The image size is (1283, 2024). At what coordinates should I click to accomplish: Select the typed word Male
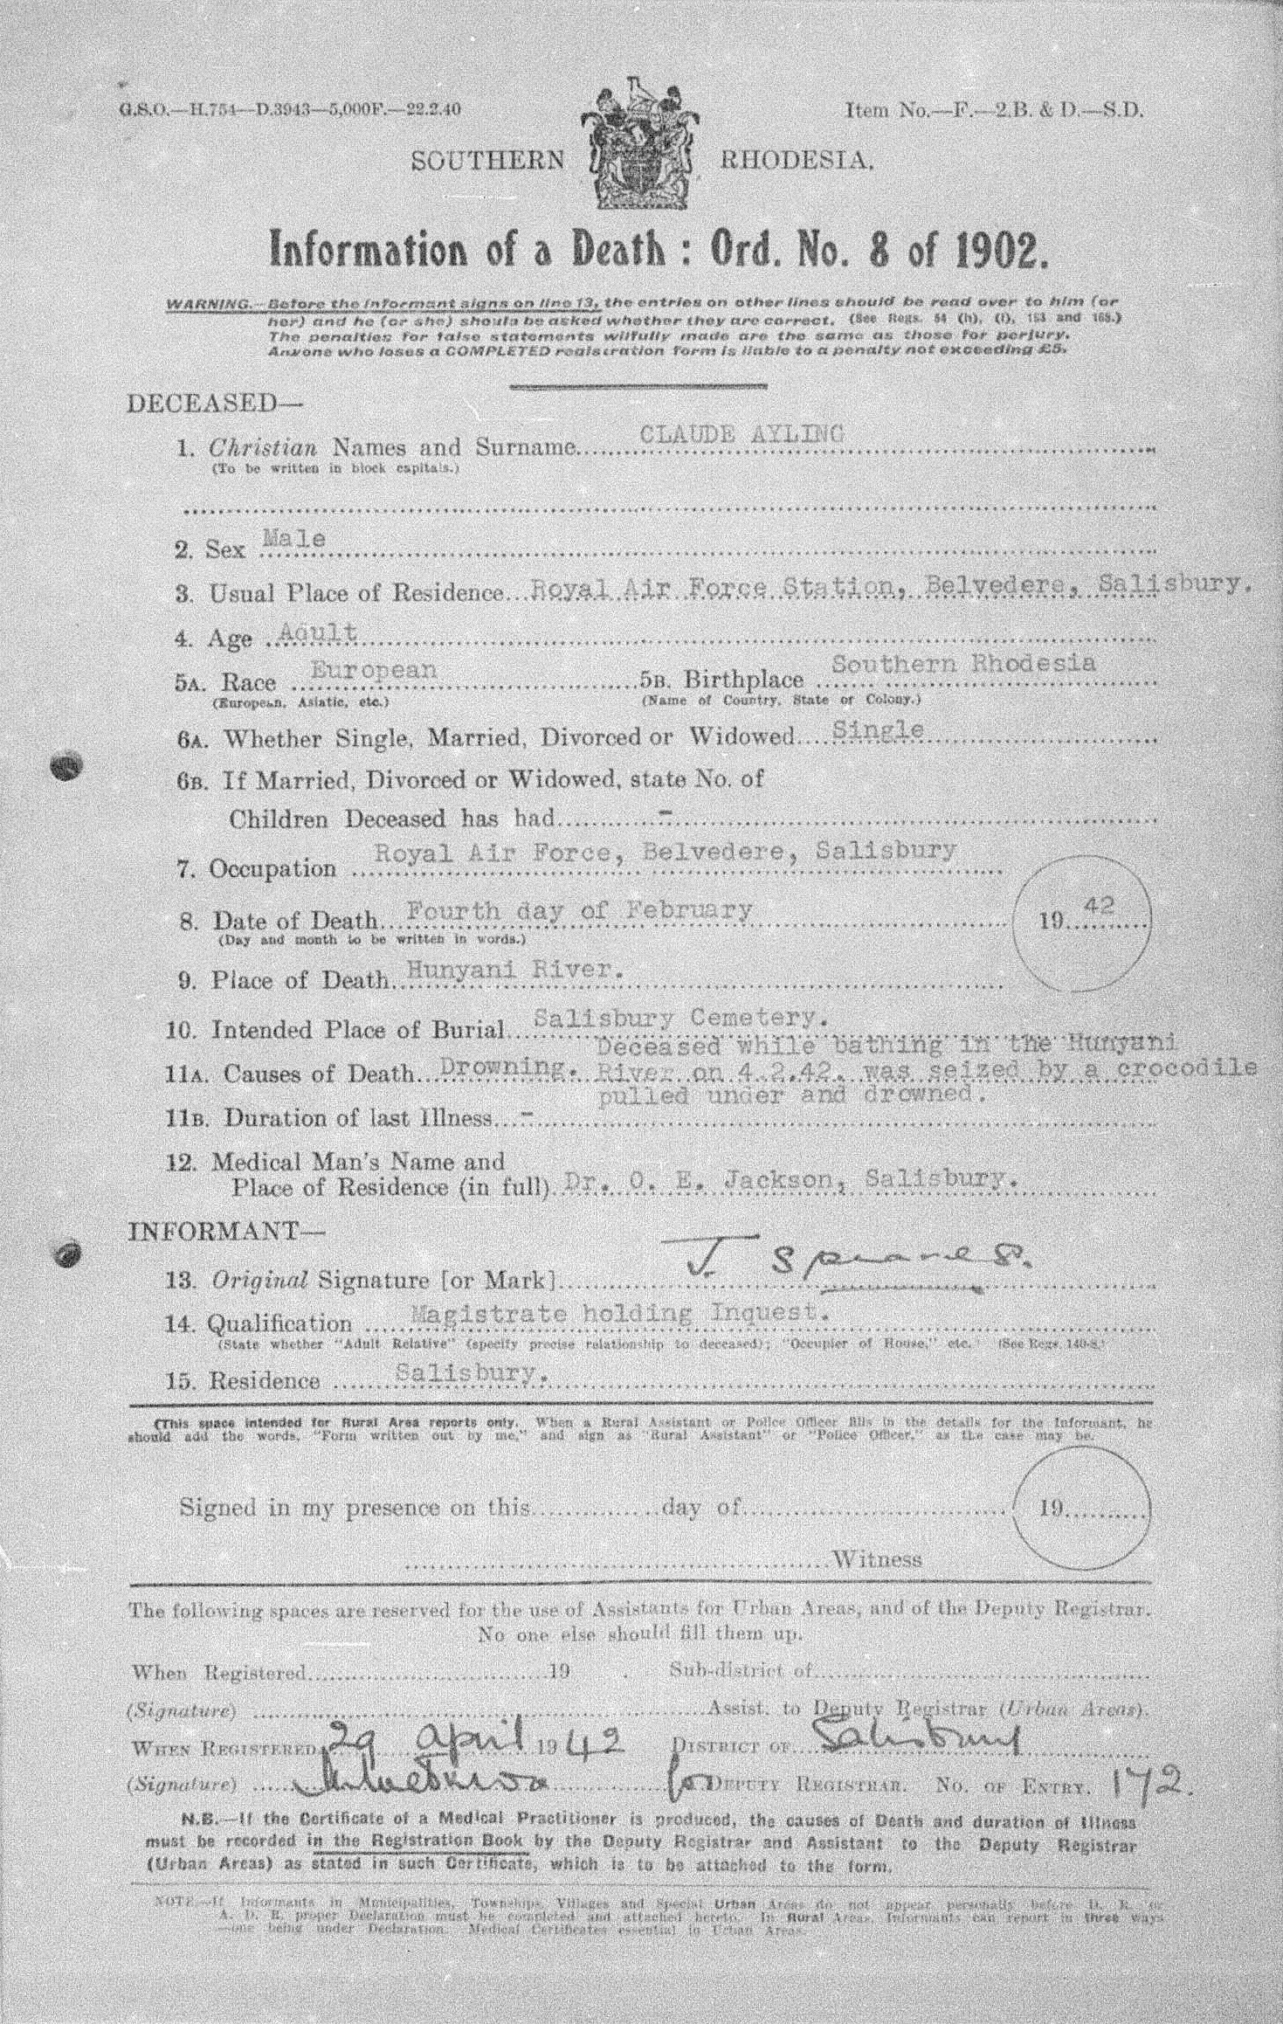coord(294,539)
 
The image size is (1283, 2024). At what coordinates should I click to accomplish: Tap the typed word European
coord(373,669)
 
